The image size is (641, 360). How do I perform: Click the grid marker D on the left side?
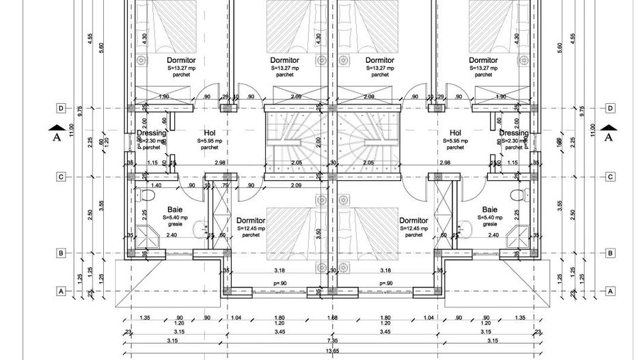pos(61,108)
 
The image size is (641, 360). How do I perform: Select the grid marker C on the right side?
pos(610,176)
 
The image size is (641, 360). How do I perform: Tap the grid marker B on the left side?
pos(61,253)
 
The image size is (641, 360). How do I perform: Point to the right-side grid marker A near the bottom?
pos(610,291)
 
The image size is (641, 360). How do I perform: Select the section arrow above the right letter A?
pos(608,126)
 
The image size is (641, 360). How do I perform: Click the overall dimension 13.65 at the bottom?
pos(331,351)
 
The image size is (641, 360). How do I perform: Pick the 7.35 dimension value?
pos(331,340)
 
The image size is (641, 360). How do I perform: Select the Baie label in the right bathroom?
pos(489,210)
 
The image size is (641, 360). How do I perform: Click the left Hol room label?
pos(210,133)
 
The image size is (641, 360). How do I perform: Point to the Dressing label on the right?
pos(513,133)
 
